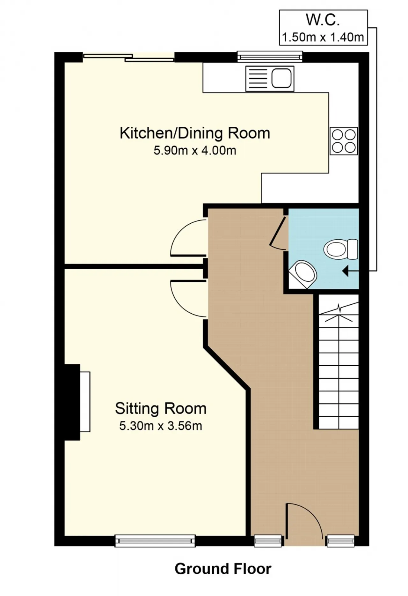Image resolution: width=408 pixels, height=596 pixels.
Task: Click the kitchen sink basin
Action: [x=281, y=78]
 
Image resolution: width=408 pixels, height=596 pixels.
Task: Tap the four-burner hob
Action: [x=344, y=141]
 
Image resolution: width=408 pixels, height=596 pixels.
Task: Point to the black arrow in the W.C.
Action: [x=350, y=272]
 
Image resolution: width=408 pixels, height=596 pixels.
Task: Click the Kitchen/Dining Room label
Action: [x=195, y=133]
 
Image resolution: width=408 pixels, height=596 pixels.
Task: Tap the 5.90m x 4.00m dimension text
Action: [x=195, y=150]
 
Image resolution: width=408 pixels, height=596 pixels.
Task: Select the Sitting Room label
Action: [x=161, y=409]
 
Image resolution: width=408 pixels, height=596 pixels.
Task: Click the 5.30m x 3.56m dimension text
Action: [x=161, y=426]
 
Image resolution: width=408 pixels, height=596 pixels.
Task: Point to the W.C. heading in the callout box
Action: [x=323, y=20]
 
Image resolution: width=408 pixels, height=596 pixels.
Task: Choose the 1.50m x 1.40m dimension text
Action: [x=323, y=37]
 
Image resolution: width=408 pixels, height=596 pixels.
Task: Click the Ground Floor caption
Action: [x=223, y=569]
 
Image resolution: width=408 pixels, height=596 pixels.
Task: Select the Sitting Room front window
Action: [x=155, y=540]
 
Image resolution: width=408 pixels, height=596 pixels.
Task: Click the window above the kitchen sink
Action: [x=270, y=56]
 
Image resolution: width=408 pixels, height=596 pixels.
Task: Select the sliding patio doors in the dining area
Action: [x=129, y=57]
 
